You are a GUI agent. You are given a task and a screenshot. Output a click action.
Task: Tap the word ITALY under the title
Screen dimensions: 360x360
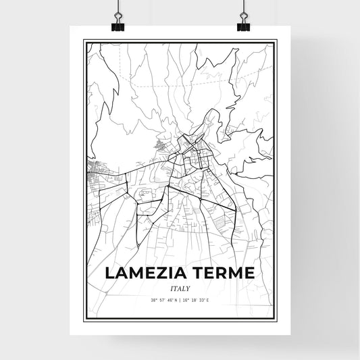180,288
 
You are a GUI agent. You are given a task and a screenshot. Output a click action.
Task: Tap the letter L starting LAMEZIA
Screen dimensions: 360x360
111,273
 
